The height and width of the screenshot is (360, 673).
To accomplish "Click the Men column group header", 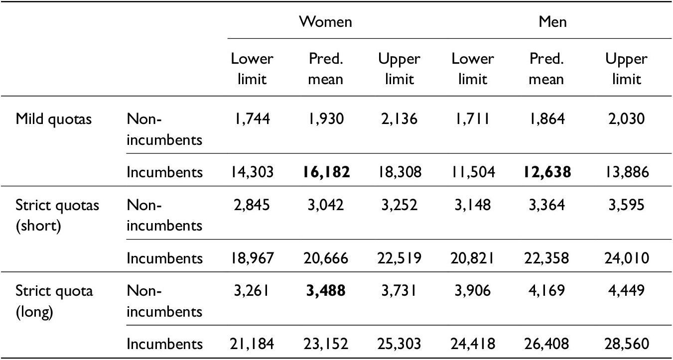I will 552,22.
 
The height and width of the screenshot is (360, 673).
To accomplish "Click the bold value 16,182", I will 326,172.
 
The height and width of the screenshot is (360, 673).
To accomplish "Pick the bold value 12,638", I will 546,172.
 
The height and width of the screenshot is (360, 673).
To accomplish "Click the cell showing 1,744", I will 252,120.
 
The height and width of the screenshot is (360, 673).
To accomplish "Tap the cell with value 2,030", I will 626,120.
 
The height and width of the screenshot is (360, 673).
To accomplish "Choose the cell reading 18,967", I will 252,258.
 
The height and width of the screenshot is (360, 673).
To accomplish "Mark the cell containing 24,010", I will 626,258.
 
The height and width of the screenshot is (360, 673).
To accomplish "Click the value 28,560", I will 626,344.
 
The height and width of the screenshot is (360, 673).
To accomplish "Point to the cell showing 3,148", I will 473,205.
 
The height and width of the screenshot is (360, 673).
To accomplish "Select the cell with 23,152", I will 326,344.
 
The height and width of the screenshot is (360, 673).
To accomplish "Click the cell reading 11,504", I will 473,172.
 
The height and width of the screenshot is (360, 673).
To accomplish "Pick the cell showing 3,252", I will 399,205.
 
